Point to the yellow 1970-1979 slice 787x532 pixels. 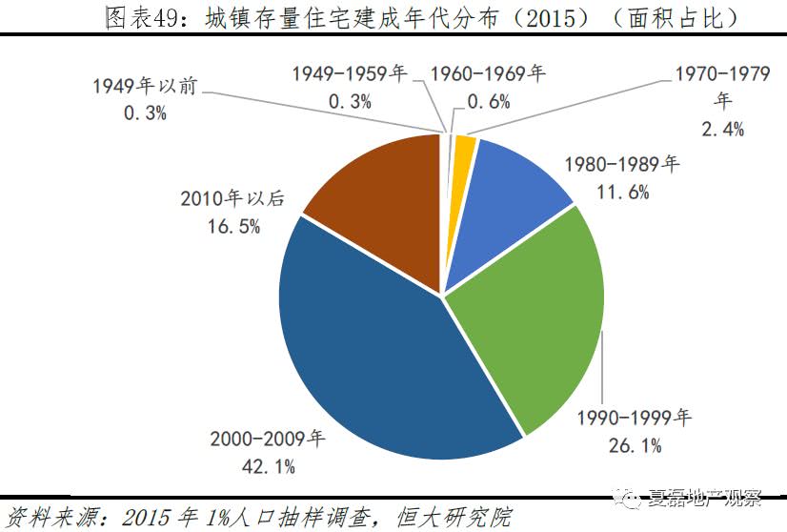464,148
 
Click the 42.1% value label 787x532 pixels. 269,466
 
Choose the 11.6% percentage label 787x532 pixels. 622,192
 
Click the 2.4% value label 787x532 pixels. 722,128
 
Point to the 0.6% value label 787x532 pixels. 488,101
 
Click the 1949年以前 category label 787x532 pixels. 145,86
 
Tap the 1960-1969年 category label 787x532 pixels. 488,73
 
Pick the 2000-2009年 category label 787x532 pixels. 268,439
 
